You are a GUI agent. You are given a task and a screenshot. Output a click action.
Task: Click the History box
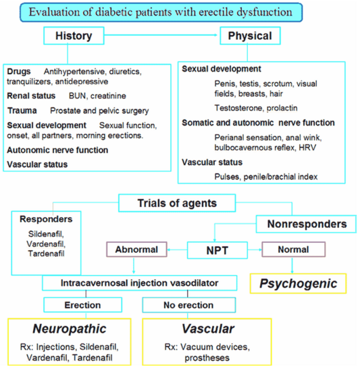[x=74, y=36]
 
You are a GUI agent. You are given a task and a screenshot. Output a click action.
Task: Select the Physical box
[x=250, y=36]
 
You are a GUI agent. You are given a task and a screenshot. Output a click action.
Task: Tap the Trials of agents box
[x=177, y=203]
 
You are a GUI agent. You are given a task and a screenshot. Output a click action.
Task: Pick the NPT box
[x=217, y=250]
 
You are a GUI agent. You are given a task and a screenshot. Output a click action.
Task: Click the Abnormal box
[x=136, y=250]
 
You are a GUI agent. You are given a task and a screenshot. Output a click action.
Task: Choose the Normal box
[x=293, y=250]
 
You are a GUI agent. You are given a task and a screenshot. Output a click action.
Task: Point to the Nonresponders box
[x=306, y=224]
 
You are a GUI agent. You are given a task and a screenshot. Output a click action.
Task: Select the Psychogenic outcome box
[x=298, y=283]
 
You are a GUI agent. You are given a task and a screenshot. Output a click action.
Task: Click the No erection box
[x=188, y=305]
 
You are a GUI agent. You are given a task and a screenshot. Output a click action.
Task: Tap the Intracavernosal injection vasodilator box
[x=140, y=283]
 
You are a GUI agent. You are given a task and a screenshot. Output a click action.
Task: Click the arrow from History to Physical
[x=161, y=35]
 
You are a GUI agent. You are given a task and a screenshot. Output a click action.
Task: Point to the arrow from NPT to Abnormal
[x=177, y=250]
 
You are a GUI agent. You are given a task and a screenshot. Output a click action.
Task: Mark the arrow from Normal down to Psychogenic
[x=292, y=265]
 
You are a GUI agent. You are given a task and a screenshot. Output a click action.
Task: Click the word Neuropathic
[x=70, y=329]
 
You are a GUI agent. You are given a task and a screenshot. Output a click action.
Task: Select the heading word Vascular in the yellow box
[x=208, y=329]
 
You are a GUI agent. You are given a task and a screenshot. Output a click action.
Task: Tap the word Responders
[x=46, y=219]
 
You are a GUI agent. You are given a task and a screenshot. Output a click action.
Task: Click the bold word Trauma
[x=22, y=111]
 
